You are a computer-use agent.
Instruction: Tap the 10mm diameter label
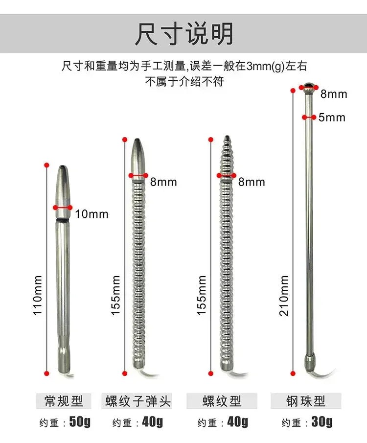[92, 214]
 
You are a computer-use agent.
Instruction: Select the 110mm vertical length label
[38, 294]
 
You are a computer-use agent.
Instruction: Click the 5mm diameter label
[332, 117]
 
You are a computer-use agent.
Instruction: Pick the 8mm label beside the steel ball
[334, 93]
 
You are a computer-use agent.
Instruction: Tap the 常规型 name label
[63, 401]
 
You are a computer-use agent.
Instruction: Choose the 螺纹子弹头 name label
[138, 401]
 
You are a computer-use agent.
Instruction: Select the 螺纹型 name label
[222, 401]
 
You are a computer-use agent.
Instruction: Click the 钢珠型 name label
[306, 401]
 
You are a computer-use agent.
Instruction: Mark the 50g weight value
[79, 421]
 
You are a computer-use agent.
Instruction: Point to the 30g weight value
[322, 421]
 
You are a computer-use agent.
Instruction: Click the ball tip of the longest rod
[307, 88]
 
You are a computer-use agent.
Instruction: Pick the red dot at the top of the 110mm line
[47, 164]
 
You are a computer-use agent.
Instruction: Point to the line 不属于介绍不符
[184, 81]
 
